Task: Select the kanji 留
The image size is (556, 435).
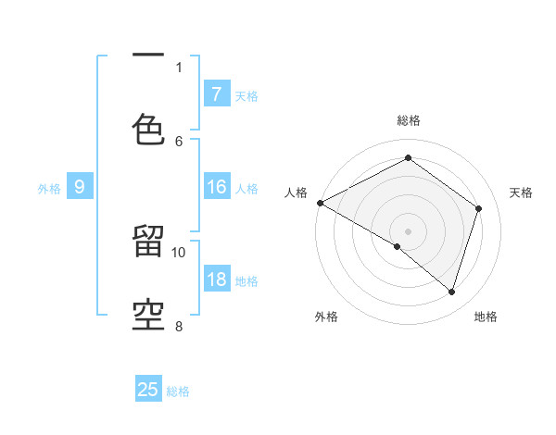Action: click(149, 242)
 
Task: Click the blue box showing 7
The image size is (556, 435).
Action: click(216, 93)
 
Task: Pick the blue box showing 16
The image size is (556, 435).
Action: click(216, 187)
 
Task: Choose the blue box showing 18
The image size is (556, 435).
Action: click(216, 280)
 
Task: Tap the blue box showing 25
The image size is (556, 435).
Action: click(148, 390)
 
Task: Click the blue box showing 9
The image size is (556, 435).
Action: click(80, 187)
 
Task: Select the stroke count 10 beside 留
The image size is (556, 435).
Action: click(179, 252)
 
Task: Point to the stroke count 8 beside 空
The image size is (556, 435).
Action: click(179, 326)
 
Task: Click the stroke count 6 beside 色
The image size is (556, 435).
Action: click(179, 141)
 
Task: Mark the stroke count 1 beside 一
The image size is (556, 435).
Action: click(179, 67)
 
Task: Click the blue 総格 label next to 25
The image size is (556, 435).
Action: click(178, 391)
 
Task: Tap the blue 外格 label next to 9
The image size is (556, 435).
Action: click(49, 188)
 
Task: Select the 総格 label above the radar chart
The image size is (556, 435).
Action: click(408, 120)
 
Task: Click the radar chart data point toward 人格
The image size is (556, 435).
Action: click(320, 203)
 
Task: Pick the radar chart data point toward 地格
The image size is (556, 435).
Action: click(451, 292)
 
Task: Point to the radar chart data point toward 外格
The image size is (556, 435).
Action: click(398, 246)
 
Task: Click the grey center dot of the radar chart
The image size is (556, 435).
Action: click(408, 231)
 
